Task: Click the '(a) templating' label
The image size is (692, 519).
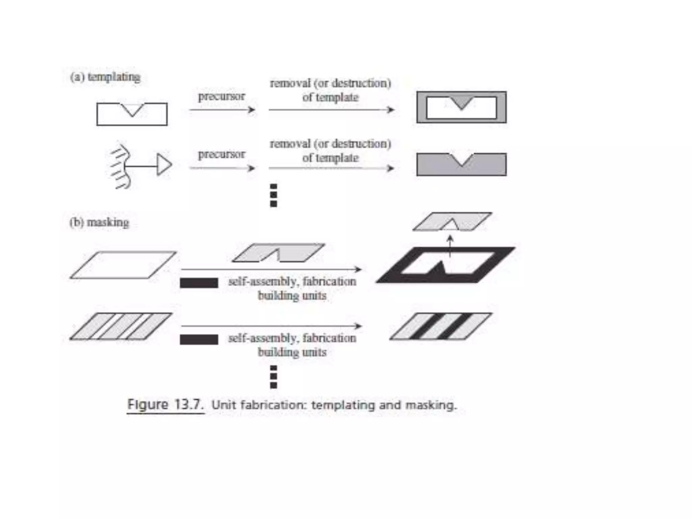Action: [x=105, y=77]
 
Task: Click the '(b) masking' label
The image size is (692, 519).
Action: [x=99, y=223]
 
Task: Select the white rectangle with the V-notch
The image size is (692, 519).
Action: [x=112, y=117]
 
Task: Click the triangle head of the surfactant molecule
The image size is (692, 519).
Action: [x=164, y=165]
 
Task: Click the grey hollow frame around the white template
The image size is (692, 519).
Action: [x=421, y=107]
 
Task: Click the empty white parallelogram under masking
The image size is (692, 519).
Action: [x=123, y=265]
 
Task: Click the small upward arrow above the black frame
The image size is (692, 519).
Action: [x=450, y=245]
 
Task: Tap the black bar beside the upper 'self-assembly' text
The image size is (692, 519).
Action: [x=199, y=283]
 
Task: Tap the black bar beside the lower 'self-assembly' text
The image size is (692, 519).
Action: [x=199, y=339]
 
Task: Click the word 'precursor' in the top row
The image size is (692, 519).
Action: [x=221, y=96]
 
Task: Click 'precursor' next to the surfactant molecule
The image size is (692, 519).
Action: [x=221, y=154]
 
